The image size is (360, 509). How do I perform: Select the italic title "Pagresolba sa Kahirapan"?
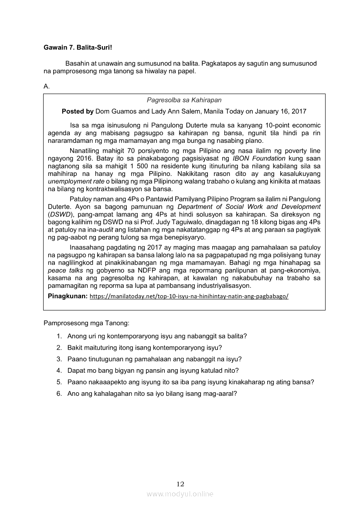point(184,100)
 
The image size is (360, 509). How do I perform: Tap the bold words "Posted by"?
point(78,111)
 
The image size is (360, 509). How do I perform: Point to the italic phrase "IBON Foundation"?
point(259,158)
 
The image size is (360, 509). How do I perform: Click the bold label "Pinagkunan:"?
point(68,296)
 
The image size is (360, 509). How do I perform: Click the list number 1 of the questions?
point(59,336)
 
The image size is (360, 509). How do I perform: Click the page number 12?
point(180,484)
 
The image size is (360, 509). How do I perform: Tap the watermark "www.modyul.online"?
point(180,494)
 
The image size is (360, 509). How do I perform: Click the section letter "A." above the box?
point(47,87)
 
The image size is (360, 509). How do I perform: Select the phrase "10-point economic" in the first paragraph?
point(294,125)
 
